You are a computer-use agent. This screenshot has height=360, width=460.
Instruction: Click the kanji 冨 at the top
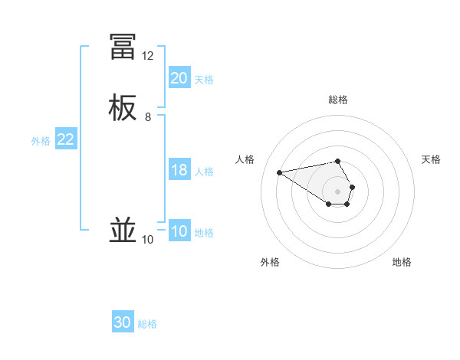coord(123,47)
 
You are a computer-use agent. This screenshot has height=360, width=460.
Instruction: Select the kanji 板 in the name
coord(123,107)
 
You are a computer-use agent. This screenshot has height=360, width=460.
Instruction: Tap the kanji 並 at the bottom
coord(123,230)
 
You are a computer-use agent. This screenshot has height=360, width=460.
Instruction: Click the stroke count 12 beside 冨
coord(148,56)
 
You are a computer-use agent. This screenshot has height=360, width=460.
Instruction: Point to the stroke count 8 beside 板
coord(148,117)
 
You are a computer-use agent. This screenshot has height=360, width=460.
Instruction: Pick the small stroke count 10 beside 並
coord(148,240)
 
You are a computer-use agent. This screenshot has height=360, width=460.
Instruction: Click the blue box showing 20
coord(179,78)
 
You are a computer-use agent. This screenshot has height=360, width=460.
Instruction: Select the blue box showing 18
coord(179,170)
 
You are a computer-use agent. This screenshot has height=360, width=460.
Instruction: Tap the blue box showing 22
coord(66,139)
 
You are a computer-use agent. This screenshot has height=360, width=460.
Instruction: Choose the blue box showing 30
coord(123,322)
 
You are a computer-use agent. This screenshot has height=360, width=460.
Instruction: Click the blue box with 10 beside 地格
coord(179,231)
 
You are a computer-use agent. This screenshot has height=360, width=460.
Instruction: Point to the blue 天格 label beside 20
coord(204,79)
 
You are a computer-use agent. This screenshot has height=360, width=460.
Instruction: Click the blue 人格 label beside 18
coord(204,171)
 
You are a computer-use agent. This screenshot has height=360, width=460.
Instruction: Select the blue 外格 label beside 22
coord(41,140)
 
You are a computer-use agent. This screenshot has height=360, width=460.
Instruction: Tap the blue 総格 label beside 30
coord(147,323)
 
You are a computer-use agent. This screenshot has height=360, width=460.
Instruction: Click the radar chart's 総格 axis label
coord(338,100)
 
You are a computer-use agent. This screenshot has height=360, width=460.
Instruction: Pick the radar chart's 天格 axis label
coord(431,159)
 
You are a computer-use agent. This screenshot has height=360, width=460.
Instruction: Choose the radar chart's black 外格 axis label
coord(270,262)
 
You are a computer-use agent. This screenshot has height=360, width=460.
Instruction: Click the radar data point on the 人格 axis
coord(280,172)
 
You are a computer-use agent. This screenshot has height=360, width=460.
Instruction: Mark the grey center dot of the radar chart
coord(338,191)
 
